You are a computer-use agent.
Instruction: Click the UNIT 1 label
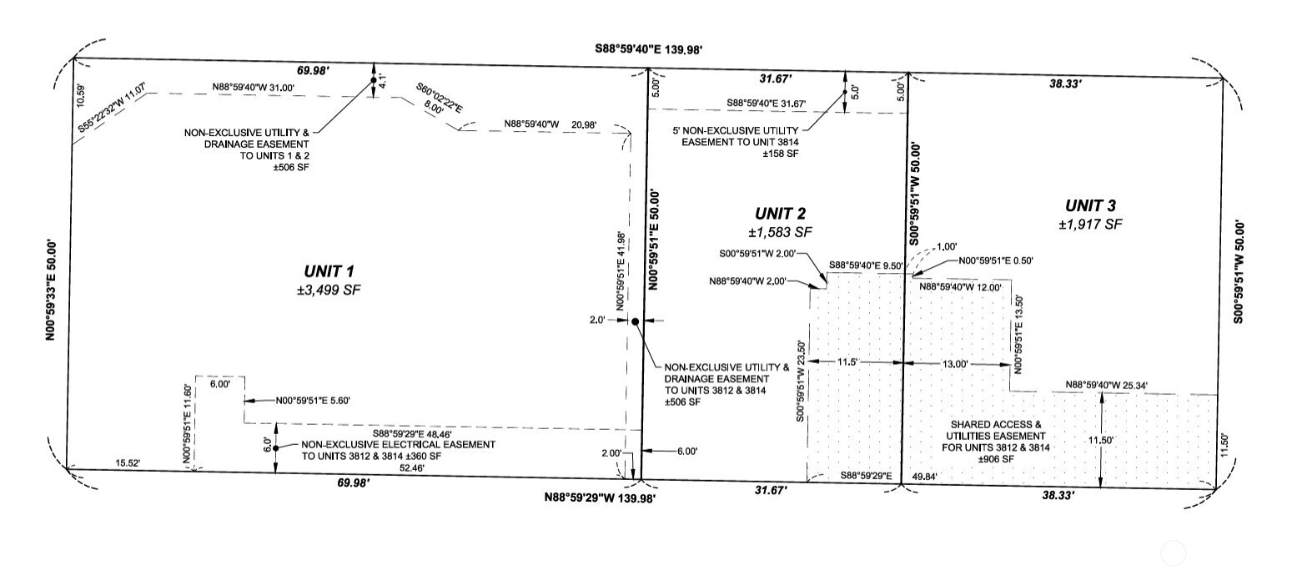point(329,270)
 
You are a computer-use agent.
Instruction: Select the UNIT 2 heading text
point(781,214)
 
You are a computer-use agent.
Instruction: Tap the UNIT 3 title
point(1090,205)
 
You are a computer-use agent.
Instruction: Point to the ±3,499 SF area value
point(329,290)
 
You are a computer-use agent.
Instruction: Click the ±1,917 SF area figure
point(1091,224)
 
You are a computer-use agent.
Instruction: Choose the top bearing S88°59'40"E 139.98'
point(649,49)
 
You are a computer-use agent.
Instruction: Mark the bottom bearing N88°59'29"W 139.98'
point(600,498)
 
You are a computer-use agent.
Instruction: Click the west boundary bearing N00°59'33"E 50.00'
point(52,290)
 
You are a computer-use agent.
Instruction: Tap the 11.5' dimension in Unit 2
point(847,361)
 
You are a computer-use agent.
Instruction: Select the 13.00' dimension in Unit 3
point(955,364)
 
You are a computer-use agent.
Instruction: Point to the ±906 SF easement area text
point(996,459)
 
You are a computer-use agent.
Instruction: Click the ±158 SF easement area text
point(781,154)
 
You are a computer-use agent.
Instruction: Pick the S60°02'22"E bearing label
point(440,98)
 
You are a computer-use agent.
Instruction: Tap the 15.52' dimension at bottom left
point(128,462)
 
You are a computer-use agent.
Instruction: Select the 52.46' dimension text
point(412,468)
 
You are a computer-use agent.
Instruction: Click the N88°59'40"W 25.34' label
point(1106,385)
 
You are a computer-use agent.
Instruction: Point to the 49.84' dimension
point(925,477)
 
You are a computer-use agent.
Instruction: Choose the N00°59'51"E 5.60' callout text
point(313,401)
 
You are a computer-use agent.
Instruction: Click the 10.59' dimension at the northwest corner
point(81,96)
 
